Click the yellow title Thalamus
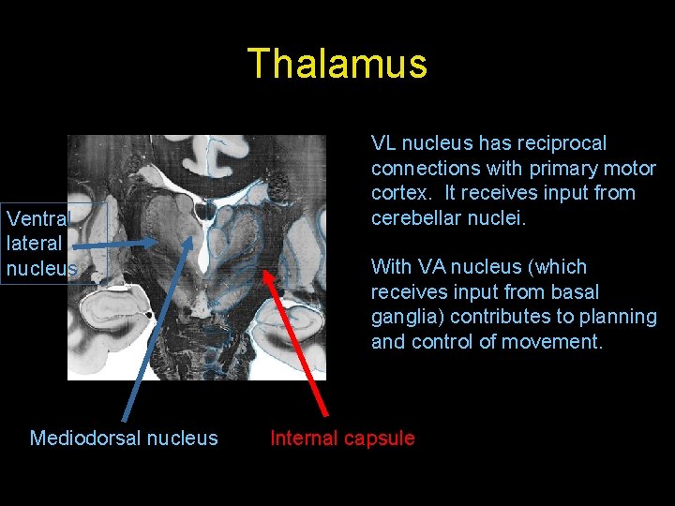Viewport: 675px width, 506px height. [x=337, y=64]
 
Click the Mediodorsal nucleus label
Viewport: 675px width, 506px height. [x=124, y=438]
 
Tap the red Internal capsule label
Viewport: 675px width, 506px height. [x=342, y=438]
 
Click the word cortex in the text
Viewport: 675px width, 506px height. [x=401, y=193]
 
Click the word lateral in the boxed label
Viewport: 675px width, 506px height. [x=34, y=244]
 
